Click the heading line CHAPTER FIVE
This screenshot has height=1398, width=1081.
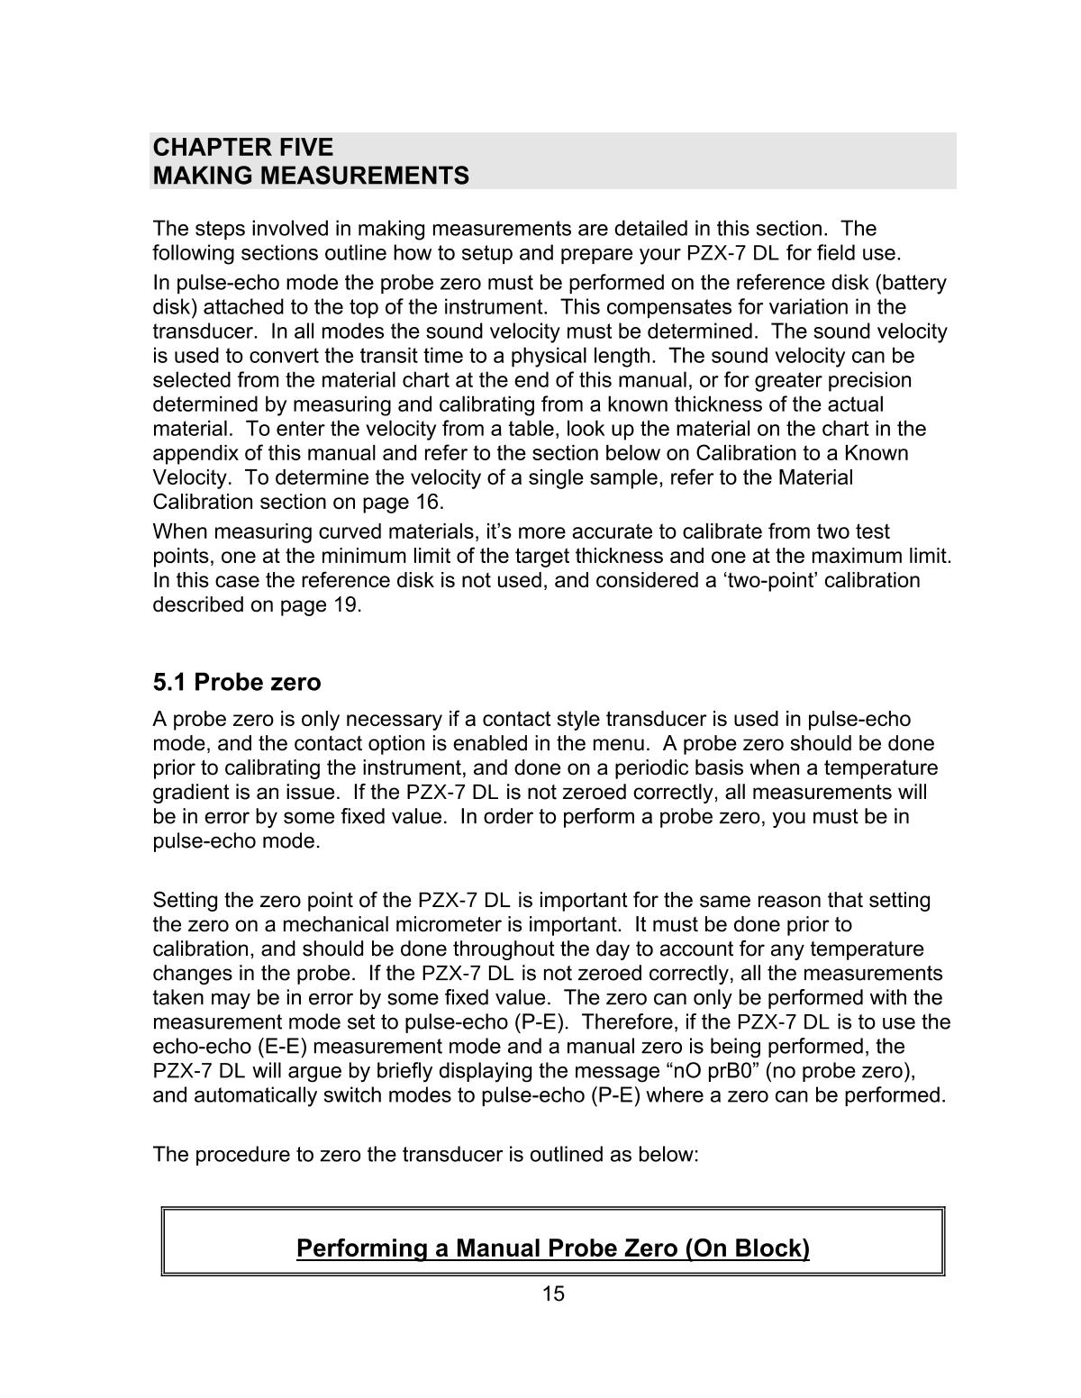(243, 148)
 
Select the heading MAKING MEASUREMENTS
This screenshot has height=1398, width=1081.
(311, 176)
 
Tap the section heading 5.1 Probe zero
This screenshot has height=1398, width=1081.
(237, 682)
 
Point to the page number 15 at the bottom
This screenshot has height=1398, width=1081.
(553, 1294)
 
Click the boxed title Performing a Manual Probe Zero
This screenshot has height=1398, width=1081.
(552, 1248)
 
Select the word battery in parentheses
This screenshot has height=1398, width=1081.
(913, 283)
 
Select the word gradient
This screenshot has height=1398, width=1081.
(192, 793)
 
